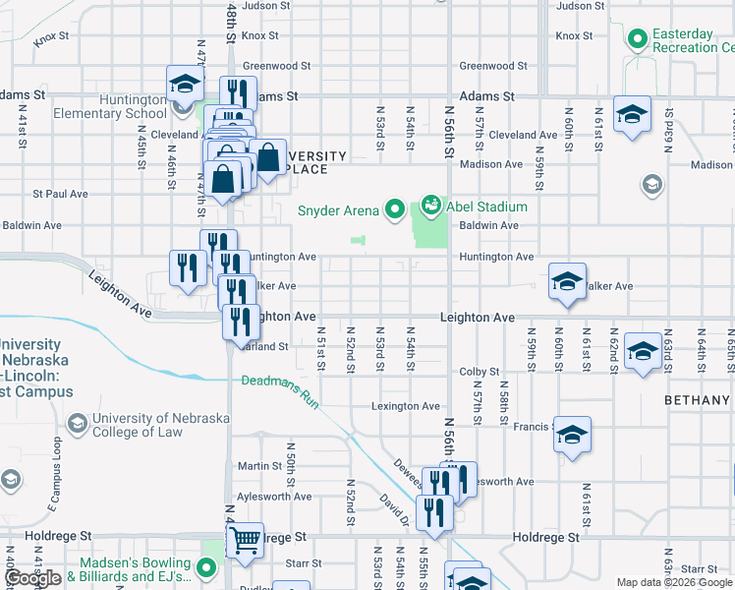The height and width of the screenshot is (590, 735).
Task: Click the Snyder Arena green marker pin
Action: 395,208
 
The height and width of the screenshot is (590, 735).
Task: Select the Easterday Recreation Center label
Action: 684,40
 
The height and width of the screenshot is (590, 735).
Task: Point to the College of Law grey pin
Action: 77,424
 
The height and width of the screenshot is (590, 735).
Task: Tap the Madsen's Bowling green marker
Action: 206,567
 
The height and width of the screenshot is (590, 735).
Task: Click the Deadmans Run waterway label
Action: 281,381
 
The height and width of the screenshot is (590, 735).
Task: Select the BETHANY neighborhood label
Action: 698,400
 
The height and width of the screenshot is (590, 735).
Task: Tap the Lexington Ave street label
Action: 405,406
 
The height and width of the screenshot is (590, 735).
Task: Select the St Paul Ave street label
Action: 61,194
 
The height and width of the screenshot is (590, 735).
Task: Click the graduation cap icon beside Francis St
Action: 572,436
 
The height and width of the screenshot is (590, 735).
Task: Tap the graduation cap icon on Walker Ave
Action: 567,282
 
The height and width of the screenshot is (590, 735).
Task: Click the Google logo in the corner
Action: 33,578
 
